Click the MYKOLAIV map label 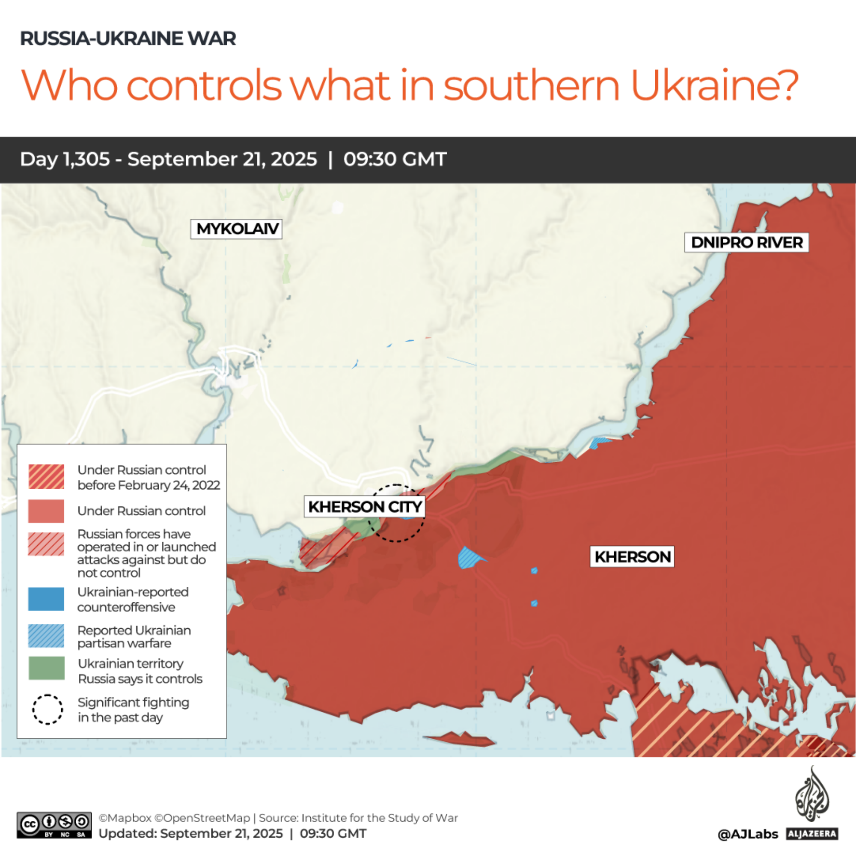pyautogui.click(x=236, y=229)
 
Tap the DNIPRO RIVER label pyautogui.click(x=746, y=242)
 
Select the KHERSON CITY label pyautogui.click(x=364, y=506)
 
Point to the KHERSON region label pyautogui.click(x=632, y=556)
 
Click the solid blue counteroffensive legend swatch pyautogui.click(x=46, y=599)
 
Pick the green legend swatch pyautogui.click(x=47, y=668)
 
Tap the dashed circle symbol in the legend pyautogui.click(x=48, y=709)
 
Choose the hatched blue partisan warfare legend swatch pyautogui.click(x=46, y=636)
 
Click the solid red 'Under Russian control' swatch pyautogui.click(x=46, y=511)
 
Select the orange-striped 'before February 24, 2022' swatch pyautogui.click(x=46, y=477)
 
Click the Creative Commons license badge pyautogui.click(x=54, y=825)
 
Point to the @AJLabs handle pyautogui.click(x=747, y=834)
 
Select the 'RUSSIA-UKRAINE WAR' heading pyautogui.click(x=128, y=39)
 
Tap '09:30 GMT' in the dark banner pyautogui.click(x=395, y=159)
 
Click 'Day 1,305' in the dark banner pyautogui.click(x=65, y=159)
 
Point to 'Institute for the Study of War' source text pyautogui.click(x=380, y=818)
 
